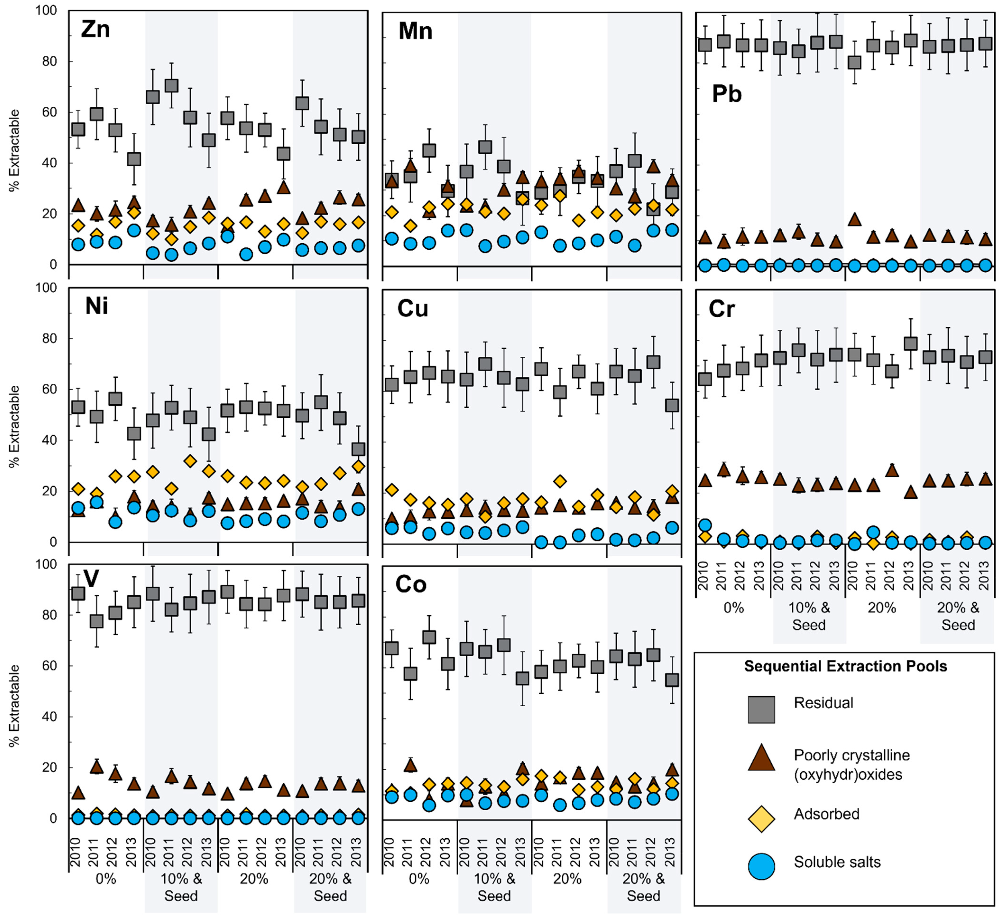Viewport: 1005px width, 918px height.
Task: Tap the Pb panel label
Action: pyautogui.click(x=727, y=94)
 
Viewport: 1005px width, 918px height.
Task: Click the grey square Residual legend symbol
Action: pyautogui.click(x=761, y=709)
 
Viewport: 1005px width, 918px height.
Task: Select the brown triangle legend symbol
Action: pyautogui.click(x=761, y=758)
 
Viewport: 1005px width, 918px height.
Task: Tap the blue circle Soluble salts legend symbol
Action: pyautogui.click(x=761, y=866)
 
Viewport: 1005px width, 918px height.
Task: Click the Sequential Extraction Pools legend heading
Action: pyautogui.click(x=845, y=666)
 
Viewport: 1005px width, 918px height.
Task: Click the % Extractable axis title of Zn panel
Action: pyautogui.click(x=15, y=150)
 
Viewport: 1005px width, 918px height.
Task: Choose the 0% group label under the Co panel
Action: pyautogui.click(x=419, y=879)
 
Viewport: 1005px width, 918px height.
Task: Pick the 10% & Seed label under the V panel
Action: pyautogui.click(x=181, y=887)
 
